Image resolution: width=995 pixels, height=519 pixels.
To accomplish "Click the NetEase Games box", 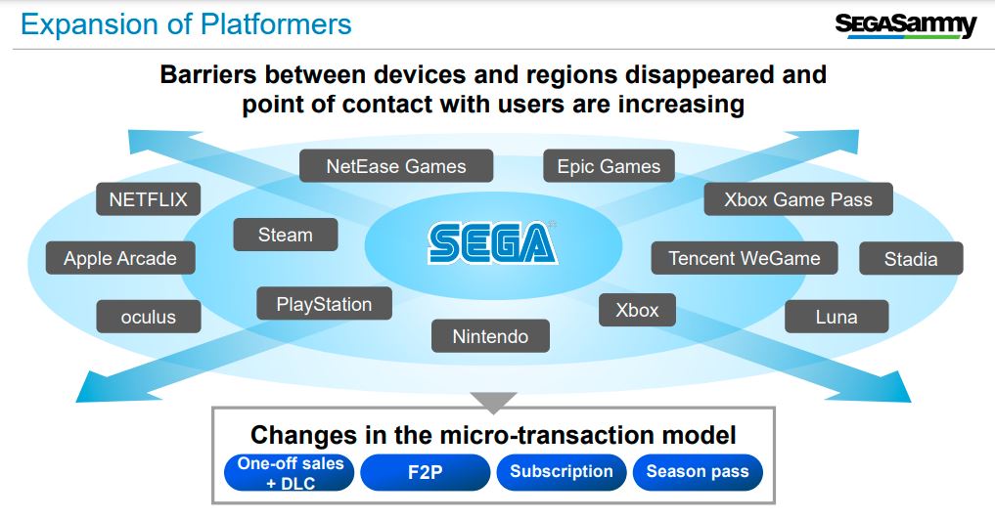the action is pos(396,166).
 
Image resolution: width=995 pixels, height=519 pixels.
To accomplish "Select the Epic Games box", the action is pos(609,166).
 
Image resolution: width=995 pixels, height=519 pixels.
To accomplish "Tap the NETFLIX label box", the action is pos(149,199).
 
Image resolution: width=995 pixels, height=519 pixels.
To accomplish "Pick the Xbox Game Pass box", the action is pos(798,199).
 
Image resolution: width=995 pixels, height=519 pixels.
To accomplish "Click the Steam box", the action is pos(286,235).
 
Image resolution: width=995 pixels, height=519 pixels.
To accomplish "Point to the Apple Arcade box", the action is pos(120,258).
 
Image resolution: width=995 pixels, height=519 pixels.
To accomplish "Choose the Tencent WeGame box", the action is pos(745,258).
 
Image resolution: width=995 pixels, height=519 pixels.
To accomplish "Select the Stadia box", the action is pos(911,259).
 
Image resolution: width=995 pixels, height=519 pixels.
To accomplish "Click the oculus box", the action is pos(149,317).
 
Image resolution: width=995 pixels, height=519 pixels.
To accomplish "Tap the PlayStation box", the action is pos(324,304).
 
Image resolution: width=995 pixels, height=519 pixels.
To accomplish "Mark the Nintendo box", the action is pos(490,336).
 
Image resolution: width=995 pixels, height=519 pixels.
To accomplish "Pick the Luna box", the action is pos(837,317).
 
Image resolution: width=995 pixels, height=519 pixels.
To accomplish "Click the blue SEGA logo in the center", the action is pos(493,242).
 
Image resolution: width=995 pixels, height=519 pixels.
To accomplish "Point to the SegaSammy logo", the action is pos(906,25).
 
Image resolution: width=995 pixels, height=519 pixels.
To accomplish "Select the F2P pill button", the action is pos(426,472).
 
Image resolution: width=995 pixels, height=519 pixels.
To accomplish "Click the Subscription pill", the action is pos(562,472).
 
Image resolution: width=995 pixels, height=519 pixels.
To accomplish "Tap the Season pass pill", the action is pos(698,472).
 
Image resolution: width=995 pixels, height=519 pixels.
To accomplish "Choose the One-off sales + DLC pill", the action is pos(290,473).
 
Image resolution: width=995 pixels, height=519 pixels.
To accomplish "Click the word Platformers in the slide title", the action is pos(276,24).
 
